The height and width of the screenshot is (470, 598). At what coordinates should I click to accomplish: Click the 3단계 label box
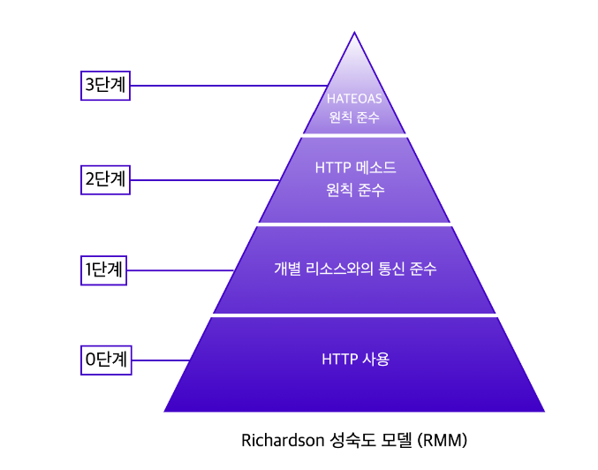105,86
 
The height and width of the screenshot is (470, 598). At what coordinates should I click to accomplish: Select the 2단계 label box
105,179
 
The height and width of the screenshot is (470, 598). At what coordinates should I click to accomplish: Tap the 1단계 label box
105,269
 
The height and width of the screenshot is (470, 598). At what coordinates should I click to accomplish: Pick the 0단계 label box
105,360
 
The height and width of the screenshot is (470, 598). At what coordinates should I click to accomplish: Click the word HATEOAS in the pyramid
354,99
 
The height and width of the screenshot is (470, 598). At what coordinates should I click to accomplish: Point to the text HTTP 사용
355,360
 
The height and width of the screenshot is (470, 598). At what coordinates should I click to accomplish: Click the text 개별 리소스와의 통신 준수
355,269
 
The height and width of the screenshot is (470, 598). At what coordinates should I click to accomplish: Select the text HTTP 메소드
355,167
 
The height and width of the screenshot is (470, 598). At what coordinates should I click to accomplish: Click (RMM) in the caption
443,439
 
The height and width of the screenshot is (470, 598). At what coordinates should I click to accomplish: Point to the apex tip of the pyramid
354,34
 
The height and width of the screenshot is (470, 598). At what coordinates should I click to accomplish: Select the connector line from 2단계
204,180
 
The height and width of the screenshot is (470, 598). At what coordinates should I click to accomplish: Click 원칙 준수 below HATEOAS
354,117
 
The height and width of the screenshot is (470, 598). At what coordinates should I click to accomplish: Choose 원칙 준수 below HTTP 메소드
355,189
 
